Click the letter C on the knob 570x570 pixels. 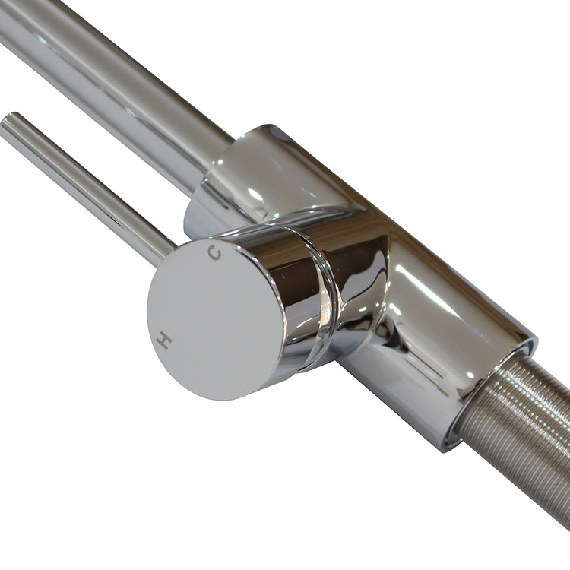214,253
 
